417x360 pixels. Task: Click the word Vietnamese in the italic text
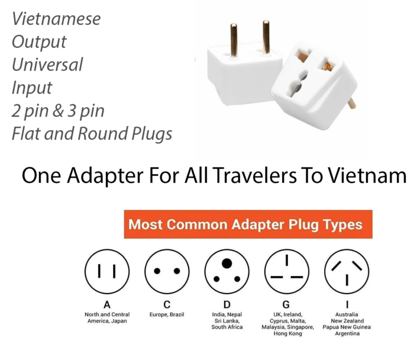(x=56, y=18)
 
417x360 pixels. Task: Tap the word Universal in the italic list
(x=47, y=65)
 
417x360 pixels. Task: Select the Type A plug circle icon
(x=107, y=271)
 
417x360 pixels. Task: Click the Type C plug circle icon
(x=167, y=271)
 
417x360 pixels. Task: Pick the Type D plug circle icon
(x=227, y=271)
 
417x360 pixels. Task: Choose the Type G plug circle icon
(x=287, y=271)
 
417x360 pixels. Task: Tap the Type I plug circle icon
(x=347, y=271)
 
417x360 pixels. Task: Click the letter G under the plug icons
(x=287, y=304)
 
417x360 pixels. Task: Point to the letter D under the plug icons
(x=227, y=304)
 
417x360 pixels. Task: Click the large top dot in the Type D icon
(x=227, y=262)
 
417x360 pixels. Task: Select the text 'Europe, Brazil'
(x=167, y=314)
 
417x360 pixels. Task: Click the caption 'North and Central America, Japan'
(x=107, y=317)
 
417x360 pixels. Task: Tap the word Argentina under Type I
(x=347, y=333)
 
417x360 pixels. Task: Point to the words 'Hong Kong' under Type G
(x=287, y=333)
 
